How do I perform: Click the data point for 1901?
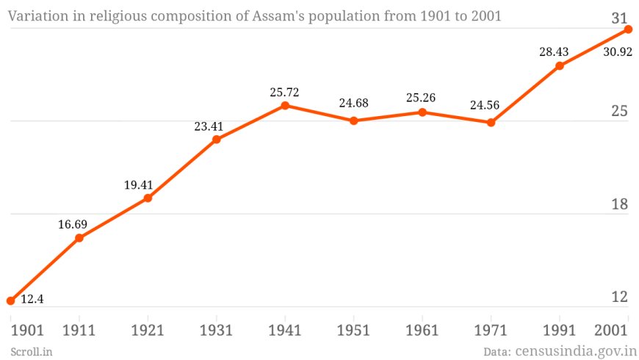10,300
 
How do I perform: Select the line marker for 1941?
285,106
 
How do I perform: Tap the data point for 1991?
560,66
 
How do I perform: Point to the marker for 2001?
628,29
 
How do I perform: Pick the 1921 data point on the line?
148,198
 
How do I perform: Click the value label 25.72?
285,93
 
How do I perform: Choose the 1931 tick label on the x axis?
216,331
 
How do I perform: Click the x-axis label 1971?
491,331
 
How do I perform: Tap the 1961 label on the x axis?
422,331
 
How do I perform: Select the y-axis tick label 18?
620,204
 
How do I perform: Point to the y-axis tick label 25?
620,112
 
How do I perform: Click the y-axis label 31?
620,19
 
